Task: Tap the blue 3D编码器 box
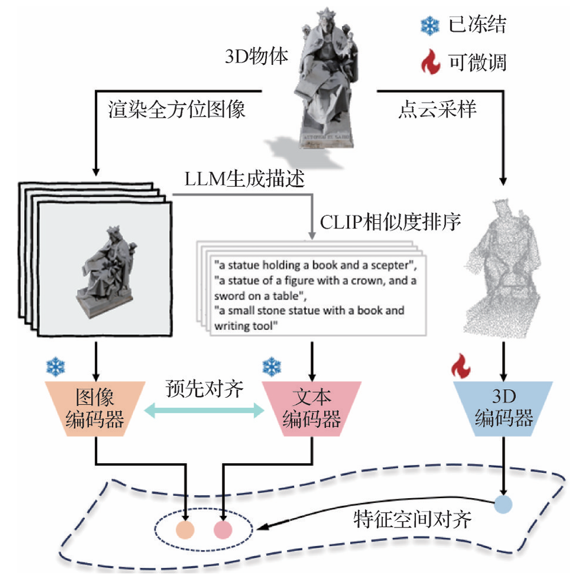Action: pos(504,409)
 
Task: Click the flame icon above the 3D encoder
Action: pos(461,366)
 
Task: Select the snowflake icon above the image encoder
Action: pos(56,366)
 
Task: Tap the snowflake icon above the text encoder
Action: pos(271,366)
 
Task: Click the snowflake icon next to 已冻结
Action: pos(429,25)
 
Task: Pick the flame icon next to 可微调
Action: pos(429,61)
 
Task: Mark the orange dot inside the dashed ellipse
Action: pos(185,529)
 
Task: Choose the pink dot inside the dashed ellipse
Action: pos(223,529)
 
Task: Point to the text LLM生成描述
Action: pos(244,180)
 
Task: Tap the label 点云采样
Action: pos(437,109)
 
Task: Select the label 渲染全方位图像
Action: pos(177,109)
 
